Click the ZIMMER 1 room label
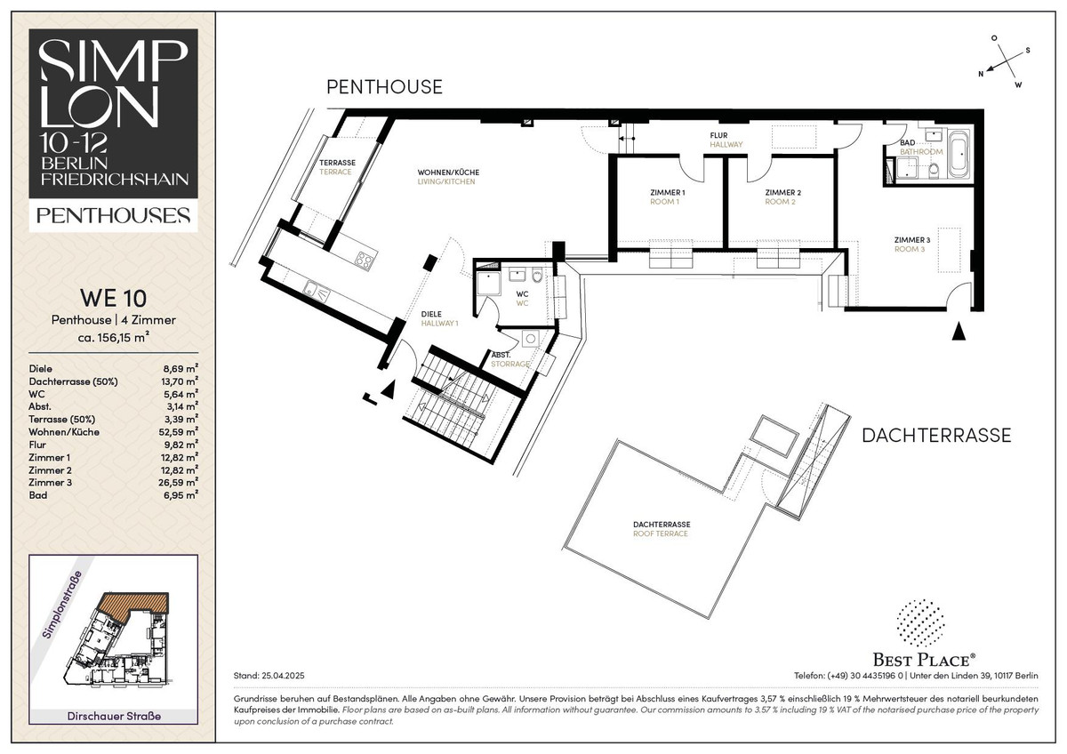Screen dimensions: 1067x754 click(668, 192)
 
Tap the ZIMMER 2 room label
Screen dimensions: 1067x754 click(782, 192)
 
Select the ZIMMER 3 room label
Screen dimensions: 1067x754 click(911, 240)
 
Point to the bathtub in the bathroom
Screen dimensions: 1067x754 click(959, 153)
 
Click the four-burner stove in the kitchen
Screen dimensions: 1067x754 click(364, 261)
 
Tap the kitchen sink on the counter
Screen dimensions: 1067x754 click(317, 291)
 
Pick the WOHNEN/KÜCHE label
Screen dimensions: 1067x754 click(448, 172)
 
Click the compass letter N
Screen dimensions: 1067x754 click(981, 74)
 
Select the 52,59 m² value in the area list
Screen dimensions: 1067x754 click(178, 432)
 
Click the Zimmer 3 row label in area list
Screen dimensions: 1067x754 click(50, 483)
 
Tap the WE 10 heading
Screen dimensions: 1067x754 click(114, 298)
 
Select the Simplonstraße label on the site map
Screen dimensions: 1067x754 click(62, 605)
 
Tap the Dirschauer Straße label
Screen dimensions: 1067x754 click(114, 716)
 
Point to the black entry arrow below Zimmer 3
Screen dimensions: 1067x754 click(959, 332)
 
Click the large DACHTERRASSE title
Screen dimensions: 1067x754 click(936, 436)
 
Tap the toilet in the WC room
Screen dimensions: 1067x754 click(537, 276)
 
